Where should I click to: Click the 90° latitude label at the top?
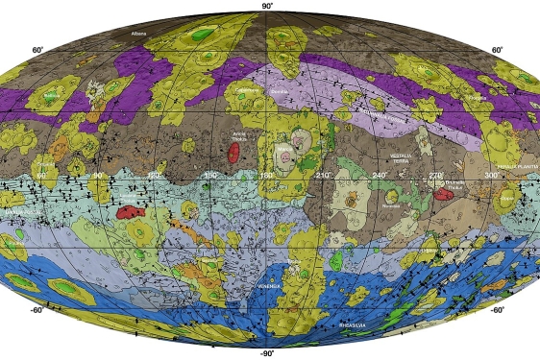coord(270,6)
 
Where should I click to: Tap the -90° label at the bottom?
coord(270,353)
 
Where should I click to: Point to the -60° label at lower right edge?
coord(497,309)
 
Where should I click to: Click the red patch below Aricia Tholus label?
coord(233,153)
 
